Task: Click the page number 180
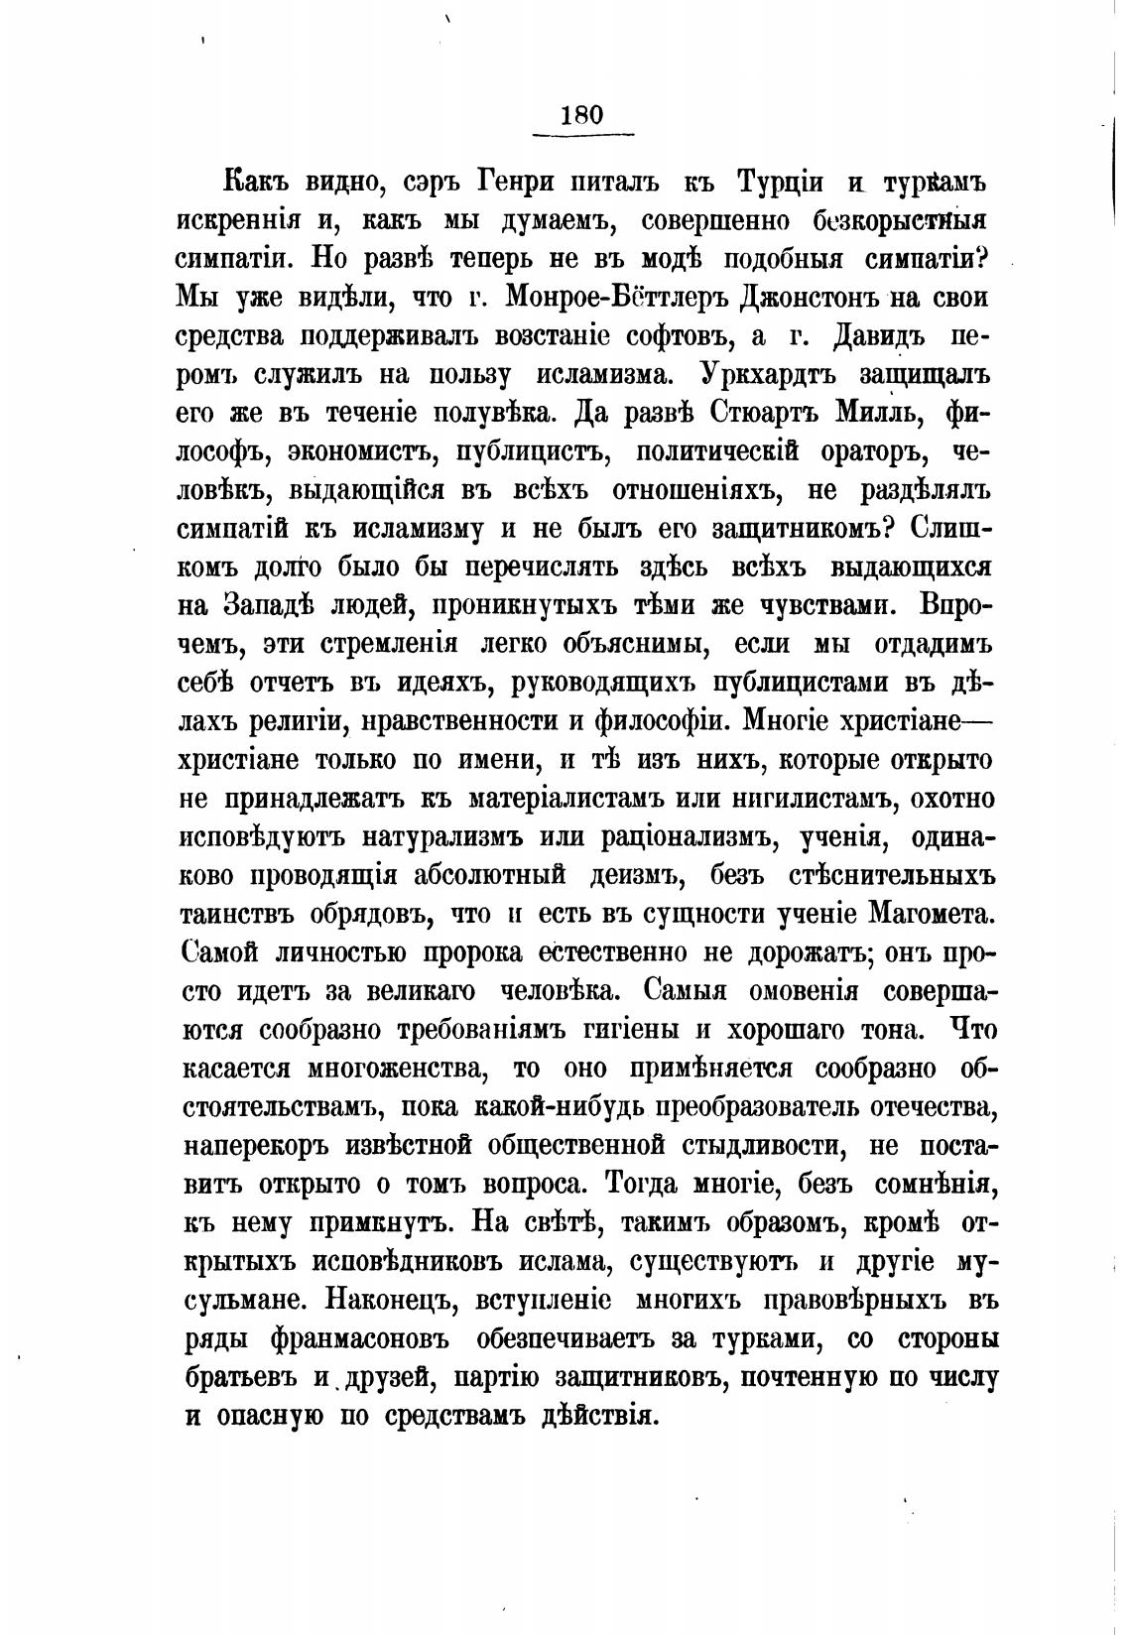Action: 581,114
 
